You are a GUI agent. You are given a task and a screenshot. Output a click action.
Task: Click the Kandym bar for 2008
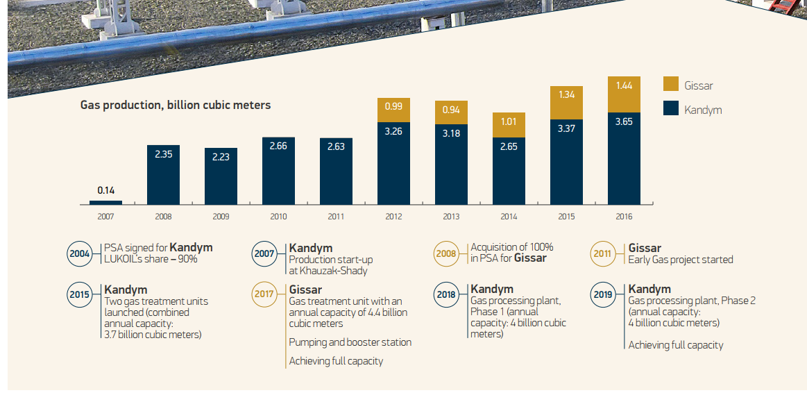point(163,174)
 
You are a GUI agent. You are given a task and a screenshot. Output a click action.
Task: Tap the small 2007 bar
point(105,203)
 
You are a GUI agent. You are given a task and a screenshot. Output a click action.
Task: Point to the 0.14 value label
point(105,190)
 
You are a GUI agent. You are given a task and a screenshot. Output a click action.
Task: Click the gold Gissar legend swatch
point(670,85)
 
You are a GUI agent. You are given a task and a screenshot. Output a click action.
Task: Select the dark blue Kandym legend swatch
point(670,109)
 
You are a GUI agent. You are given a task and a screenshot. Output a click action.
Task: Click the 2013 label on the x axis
point(451,217)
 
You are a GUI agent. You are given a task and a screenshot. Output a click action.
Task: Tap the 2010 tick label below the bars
point(278,217)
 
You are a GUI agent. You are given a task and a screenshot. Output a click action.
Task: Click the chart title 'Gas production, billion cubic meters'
point(176,105)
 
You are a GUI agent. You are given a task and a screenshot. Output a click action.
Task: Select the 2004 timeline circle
point(80,253)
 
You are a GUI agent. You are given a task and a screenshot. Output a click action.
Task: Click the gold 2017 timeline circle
point(264,294)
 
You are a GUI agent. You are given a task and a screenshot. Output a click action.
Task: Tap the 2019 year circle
point(603,294)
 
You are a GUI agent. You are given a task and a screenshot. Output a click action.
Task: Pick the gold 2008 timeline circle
point(446,253)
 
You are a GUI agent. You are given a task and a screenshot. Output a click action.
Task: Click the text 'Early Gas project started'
point(680,260)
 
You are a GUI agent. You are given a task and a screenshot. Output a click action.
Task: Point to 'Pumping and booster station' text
point(350,342)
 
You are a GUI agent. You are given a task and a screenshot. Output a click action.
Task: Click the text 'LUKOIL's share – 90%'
point(151,259)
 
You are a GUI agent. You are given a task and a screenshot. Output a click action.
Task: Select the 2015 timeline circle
point(80,294)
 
